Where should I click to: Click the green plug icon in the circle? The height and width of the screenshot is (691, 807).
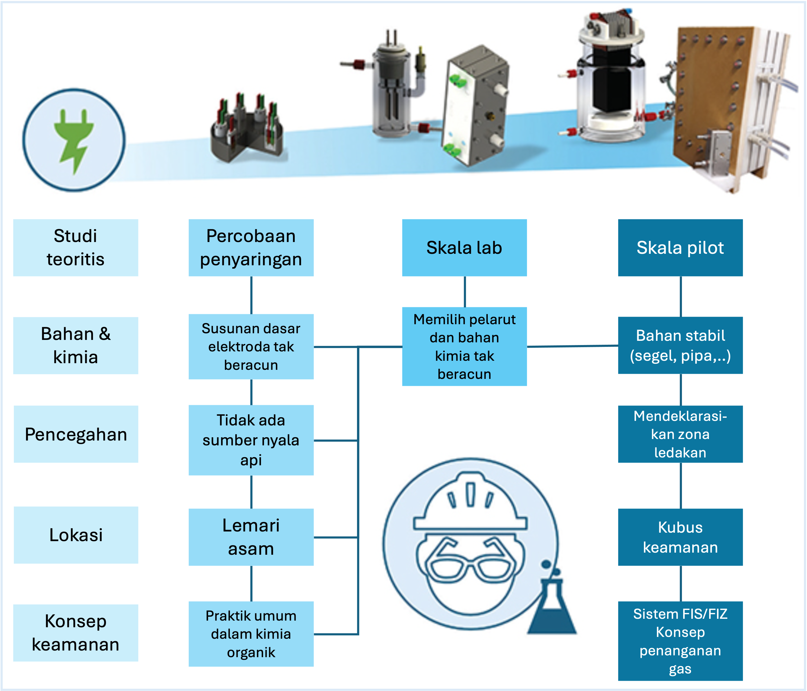tap(74, 140)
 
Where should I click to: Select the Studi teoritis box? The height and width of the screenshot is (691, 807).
tap(75, 247)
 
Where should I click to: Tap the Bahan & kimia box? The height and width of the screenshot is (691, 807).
tap(75, 345)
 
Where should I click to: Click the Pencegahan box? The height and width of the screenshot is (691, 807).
tap(76, 434)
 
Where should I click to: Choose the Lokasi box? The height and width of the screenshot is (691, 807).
tap(76, 535)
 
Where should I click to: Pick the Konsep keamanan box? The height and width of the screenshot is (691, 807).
tap(75, 633)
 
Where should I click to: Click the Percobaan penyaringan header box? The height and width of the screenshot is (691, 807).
tap(251, 247)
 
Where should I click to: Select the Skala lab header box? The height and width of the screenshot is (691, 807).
tap(464, 247)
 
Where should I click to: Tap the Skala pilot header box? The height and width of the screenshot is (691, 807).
tap(680, 247)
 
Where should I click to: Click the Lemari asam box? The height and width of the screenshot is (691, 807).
tap(251, 537)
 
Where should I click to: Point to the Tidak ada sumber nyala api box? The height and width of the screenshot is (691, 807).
tap(251, 440)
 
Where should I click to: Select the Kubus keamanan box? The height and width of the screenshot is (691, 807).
tap(680, 537)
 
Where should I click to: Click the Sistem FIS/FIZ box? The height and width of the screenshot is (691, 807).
tap(680, 641)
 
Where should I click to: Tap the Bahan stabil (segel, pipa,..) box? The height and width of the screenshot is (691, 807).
tap(680, 345)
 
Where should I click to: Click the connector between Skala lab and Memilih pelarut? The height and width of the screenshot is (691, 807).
tap(465, 292)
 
